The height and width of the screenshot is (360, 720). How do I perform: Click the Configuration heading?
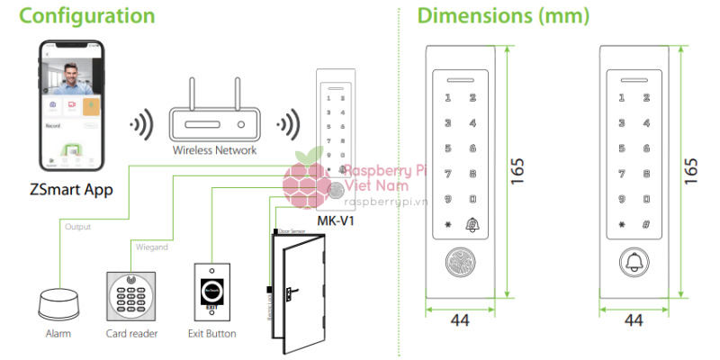(79, 16)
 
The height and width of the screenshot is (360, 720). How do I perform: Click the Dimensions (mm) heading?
(503, 16)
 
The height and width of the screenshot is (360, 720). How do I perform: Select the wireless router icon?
(214, 113)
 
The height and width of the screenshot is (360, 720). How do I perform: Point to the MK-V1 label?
(336, 220)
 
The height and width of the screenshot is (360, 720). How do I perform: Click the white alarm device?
(61, 302)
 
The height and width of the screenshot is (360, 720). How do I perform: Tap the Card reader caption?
(131, 334)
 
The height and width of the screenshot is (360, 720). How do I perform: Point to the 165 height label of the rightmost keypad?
(691, 169)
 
